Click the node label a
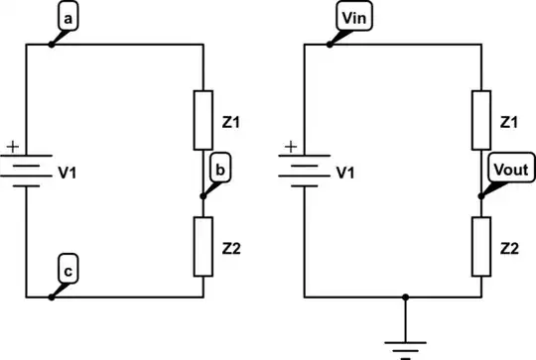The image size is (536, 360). (x=67, y=20)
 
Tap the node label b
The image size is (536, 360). (x=219, y=173)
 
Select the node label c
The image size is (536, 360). (x=67, y=269)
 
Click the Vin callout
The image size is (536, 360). (x=349, y=20)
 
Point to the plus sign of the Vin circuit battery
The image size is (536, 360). (x=291, y=148)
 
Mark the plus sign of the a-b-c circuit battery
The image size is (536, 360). (x=13, y=148)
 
